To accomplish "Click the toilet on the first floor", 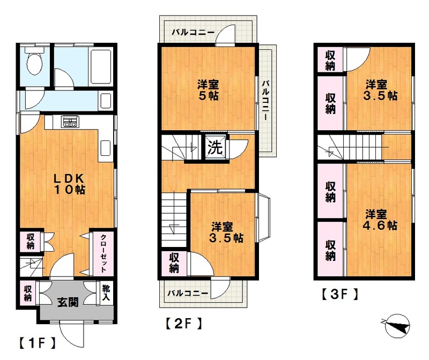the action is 34,62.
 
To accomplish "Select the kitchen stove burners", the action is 71,122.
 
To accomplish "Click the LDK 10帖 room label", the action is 69,184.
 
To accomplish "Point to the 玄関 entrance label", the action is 68,302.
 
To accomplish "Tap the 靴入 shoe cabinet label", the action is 106,292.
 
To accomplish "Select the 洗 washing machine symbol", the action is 216,148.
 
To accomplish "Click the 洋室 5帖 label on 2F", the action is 208,90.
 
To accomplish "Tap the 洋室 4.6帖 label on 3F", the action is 380,220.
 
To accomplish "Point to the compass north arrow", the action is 397,326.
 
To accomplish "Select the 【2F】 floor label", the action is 183,324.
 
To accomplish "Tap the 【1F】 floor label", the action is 37,343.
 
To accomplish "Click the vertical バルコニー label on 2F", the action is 265,100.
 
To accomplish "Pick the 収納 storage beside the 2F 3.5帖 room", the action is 174,263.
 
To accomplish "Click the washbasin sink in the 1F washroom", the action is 106,101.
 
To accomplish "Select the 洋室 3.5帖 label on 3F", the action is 380,90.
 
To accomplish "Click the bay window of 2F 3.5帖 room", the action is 264,217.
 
